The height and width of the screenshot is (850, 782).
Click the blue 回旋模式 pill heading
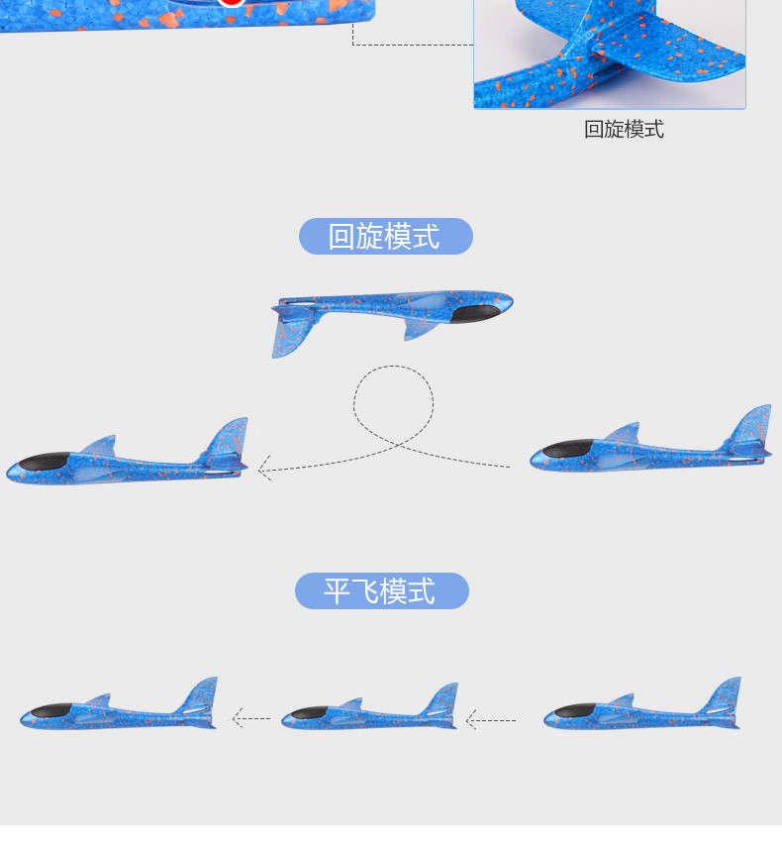[385, 237]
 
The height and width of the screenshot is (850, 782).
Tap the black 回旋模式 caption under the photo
[624, 129]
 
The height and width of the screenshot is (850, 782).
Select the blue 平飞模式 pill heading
[381, 591]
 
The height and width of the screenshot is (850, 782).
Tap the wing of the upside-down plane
[421, 327]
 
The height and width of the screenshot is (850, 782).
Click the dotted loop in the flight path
[393, 401]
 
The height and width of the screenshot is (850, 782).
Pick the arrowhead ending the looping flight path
[264, 469]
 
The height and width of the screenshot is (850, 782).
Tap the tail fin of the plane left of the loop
[229, 439]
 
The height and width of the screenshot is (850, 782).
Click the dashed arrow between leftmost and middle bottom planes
[250, 718]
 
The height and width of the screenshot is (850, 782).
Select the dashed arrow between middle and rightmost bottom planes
[490, 720]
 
